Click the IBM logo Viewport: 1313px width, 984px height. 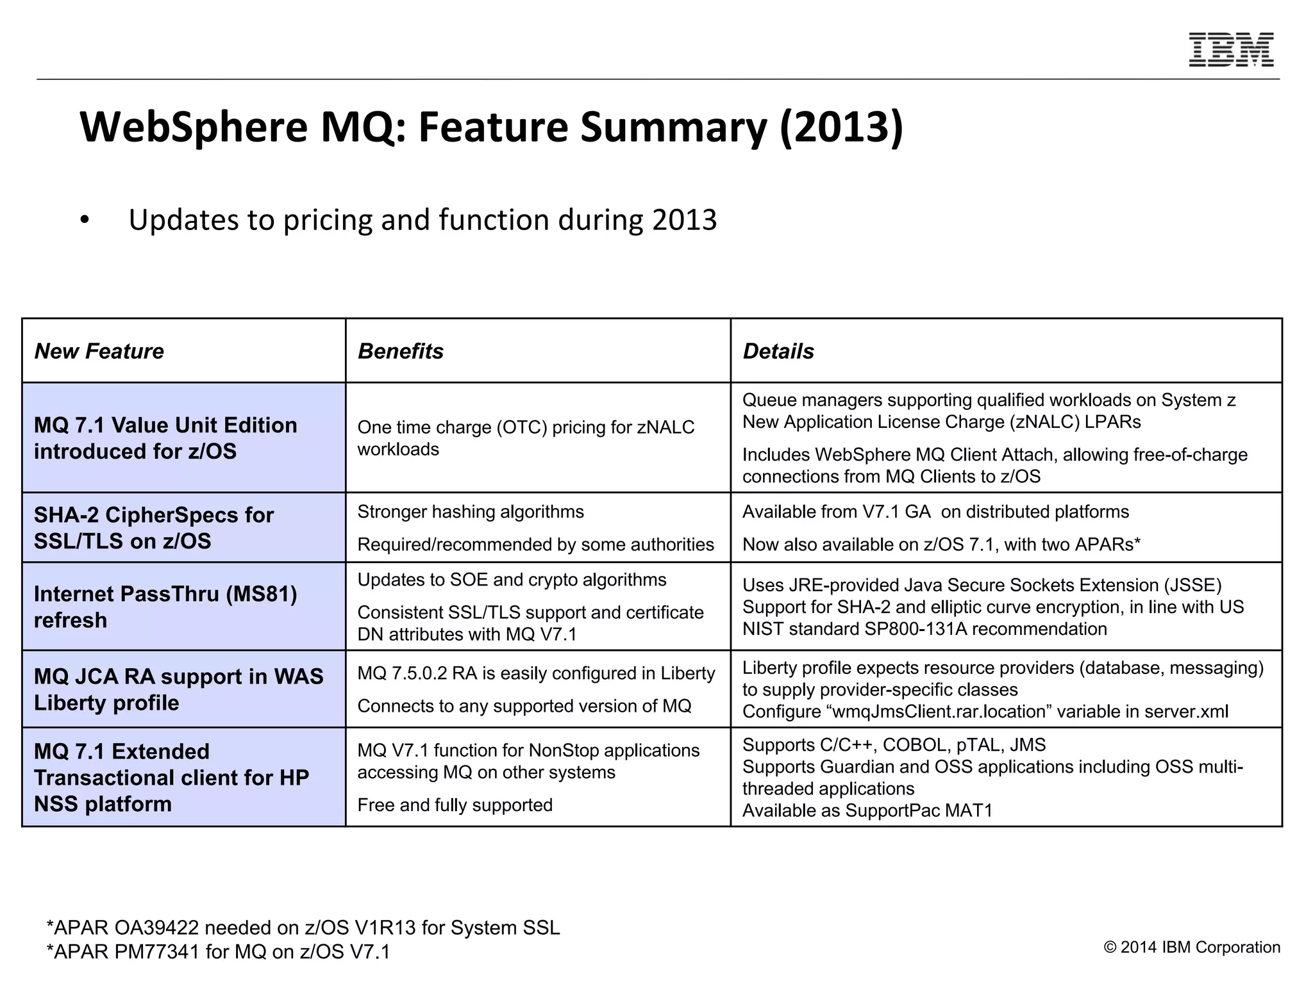[x=1231, y=50]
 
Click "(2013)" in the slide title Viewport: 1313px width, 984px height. [x=841, y=127]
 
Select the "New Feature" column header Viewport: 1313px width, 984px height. [x=99, y=351]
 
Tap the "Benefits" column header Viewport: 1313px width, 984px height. [x=400, y=351]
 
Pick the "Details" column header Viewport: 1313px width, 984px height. [x=778, y=351]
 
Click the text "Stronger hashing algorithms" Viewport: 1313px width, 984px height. [x=471, y=512]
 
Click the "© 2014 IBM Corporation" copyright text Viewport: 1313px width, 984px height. [x=1192, y=947]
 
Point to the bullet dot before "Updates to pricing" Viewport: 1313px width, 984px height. [x=85, y=221]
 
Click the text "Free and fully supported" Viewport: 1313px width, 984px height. [x=455, y=805]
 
